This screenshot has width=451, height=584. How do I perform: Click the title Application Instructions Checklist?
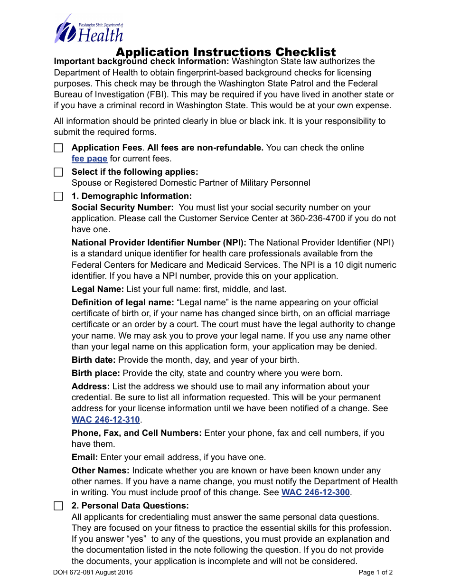(225, 52)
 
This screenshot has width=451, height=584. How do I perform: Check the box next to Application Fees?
(58, 148)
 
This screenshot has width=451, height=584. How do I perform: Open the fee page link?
(89, 159)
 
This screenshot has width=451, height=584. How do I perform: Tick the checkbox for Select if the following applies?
(58, 172)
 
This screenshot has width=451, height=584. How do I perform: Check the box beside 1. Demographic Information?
(58, 197)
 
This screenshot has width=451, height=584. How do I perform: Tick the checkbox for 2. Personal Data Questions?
(58, 506)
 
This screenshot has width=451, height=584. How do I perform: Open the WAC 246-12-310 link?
(106, 420)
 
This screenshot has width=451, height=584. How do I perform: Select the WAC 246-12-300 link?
(316, 493)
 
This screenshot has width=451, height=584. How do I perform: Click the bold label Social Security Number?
(122, 207)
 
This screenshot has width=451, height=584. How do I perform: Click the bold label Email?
(85, 457)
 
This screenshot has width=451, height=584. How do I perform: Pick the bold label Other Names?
(101, 471)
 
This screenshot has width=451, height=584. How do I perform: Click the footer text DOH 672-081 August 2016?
(93, 573)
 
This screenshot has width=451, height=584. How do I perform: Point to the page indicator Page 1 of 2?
(376, 573)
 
